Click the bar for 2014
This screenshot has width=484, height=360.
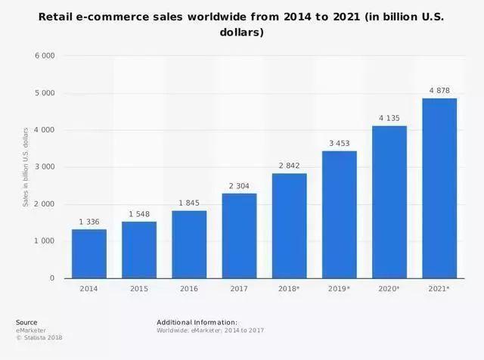click(x=88, y=253)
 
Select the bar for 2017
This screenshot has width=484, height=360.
click(x=239, y=235)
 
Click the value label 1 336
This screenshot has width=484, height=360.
click(x=89, y=222)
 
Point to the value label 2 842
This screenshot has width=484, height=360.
click(x=289, y=166)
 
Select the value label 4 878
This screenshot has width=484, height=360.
click(x=439, y=90)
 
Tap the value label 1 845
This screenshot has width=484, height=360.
click(x=189, y=203)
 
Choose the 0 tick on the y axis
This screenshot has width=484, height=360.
click(x=52, y=278)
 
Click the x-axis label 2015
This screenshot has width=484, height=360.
click(x=138, y=289)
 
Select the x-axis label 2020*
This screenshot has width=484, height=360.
click(x=389, y=289)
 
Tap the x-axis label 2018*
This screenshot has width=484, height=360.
click(x=289, y=289)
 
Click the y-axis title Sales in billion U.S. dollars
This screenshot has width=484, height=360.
click(x=26, y=167)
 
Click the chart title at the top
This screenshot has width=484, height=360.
click(x=242, y=24)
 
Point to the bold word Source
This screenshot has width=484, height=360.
click(x=26, y=322)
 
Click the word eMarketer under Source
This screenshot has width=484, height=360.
click(x=30, y=330)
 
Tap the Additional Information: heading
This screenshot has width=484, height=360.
click(x=197, y=322)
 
